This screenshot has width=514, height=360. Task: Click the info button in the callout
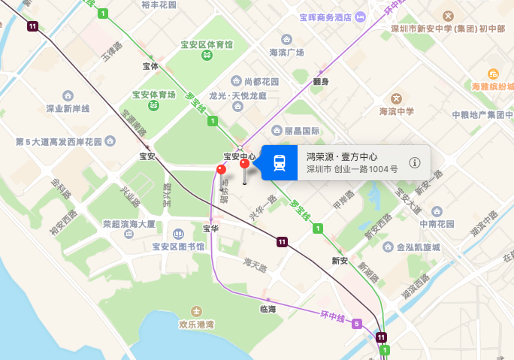tap(415, 162)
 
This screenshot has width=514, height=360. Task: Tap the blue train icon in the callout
tap(280, 162)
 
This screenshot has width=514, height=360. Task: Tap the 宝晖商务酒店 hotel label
tap(325, 17)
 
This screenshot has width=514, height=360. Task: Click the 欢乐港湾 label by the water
tap(196, 325)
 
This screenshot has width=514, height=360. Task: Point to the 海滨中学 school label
tap(396, 111)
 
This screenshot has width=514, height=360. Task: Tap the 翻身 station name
tap(321, 80)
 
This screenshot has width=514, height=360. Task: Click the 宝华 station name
tap(210, 228)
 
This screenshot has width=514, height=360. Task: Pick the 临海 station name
tap(268, 309)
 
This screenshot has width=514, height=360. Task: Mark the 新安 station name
tap(340, 260)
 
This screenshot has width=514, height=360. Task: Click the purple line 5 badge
tap(357, 323)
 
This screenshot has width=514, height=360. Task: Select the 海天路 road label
tap(255, 263)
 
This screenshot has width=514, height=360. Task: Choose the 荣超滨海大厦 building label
tap(129, 224)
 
